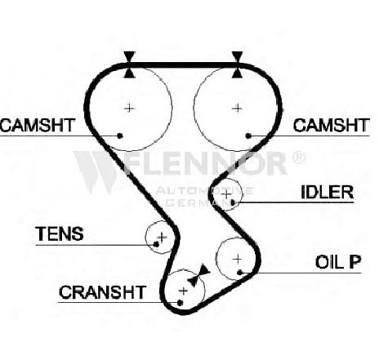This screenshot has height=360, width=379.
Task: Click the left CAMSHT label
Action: click(38, 125)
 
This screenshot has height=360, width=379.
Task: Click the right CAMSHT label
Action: click(331, 125)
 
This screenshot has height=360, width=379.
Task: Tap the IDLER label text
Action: click(327, 192)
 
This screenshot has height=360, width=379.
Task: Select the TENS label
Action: click(60, 233)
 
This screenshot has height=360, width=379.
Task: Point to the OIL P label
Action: click(338, 262)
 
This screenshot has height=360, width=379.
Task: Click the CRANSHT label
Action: click(102, 292)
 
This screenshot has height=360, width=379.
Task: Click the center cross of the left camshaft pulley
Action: click(129, 109)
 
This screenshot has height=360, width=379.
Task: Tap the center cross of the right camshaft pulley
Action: click(237, 109)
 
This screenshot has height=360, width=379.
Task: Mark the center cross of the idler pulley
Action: click(226, 194)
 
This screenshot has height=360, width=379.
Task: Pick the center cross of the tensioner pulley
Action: click(163, 237)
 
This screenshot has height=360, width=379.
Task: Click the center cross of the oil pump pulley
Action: click(238, 259)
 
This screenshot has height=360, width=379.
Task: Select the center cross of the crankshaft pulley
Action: click(184, 291)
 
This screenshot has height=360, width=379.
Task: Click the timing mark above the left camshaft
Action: click(129, 64)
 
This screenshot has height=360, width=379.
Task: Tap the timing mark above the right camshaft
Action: click(238, 64)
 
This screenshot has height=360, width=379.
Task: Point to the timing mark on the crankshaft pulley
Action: click(199, 275)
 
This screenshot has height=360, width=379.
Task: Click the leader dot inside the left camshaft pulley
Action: click(119, 136)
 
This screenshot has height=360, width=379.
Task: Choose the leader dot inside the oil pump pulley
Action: click(239, 273)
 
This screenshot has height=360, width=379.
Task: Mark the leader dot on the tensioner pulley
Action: click(156, 245)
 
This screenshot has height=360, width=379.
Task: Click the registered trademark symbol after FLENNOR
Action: click(298, 158)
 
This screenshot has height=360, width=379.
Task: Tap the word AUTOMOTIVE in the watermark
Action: click(204, 190)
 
